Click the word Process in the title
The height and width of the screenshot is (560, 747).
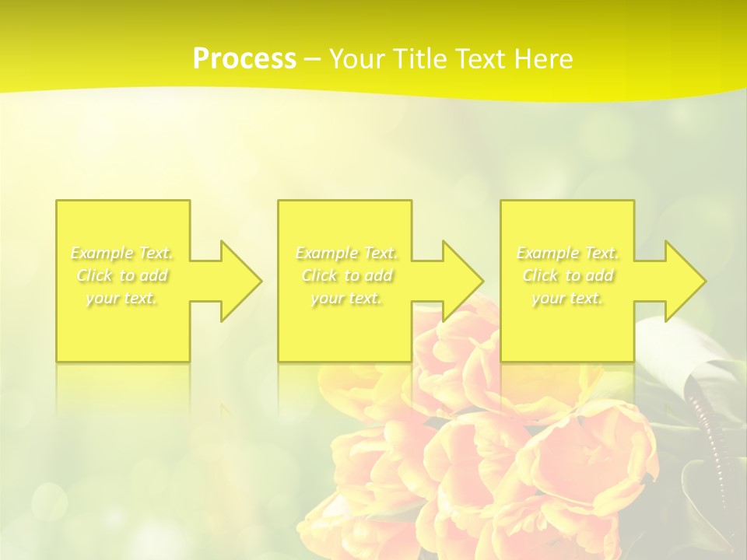point(244,59)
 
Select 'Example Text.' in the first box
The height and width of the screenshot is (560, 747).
point(122,254)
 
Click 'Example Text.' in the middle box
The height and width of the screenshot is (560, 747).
point(346,254)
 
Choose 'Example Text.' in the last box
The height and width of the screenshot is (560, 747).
point(567,254)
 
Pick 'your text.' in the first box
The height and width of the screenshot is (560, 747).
point(122,299)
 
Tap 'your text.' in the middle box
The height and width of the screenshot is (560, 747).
point(346,299)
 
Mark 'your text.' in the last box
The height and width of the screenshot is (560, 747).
point(567,299)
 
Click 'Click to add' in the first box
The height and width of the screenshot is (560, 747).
point(122,276)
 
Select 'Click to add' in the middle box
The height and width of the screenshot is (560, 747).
point(346,276)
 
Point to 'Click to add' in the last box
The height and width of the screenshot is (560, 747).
point(567,276)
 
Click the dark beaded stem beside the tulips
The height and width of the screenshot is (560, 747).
point(705,436)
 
